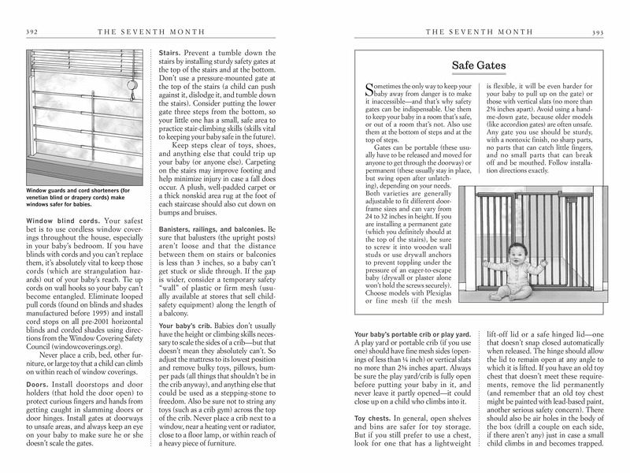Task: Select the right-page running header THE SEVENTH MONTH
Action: click(x=469, y=32)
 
